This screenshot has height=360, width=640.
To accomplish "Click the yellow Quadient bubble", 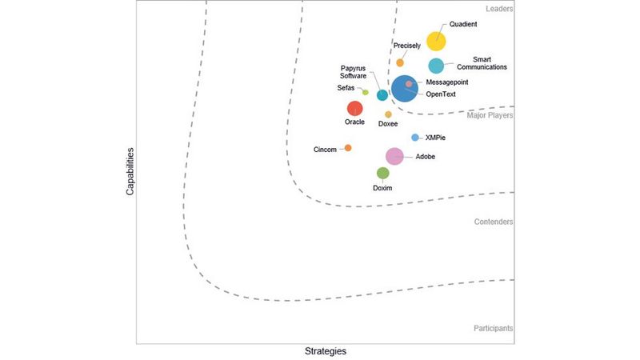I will tap(436, 42).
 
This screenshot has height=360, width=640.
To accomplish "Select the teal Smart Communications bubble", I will tap(436, 66).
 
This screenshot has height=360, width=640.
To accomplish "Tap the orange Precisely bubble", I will tap(400, 62).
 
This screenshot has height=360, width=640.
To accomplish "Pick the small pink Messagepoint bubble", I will tap(409, 83).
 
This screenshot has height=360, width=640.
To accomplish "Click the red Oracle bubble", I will tap(354, 108).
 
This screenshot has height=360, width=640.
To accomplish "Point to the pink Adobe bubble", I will tap(394, 157).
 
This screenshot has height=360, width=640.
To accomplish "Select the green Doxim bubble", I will tap(383, 173).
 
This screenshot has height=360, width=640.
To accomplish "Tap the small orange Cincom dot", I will tap(348, 148).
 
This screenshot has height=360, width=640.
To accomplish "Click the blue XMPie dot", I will tap(415, 138).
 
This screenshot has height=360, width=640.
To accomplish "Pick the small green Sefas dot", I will tap(366, 92).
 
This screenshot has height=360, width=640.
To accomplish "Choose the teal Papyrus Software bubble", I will tap(382, 95).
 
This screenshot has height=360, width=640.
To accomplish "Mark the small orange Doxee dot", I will tap(388, 114).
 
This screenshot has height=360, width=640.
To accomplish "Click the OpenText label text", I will tap(441, 94).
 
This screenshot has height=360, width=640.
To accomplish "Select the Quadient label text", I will tap(463, 24).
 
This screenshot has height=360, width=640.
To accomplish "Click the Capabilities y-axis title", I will tap(130, 171).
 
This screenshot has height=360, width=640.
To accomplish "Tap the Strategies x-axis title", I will tap(326, 351).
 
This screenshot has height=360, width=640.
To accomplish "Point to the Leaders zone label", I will tap(499, 9).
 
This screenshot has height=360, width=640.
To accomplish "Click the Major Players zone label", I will tap(490, 115).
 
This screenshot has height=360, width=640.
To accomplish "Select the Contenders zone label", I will tap(493, 222).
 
